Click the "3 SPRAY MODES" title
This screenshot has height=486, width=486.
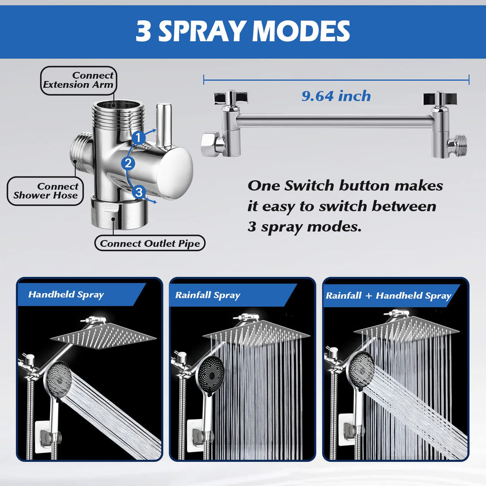[x=243, y=31]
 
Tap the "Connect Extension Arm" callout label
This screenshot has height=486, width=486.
[x=78, y=80]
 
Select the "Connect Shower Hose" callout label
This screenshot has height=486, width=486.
[x=45, y=191]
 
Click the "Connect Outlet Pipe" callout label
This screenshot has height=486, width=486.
[x=150, y=243]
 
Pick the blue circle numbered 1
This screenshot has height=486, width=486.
[x=138, y=138]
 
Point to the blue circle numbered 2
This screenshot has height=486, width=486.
[x=128, y=163]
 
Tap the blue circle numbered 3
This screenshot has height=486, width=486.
[x=139, y=192]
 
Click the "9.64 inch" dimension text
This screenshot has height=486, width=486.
[x=336, y=96]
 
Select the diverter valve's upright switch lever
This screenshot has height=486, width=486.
[x=163, y=125]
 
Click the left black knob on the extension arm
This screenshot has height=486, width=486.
[x=231, y=98]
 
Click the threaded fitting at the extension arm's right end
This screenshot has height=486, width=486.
[x=457, y=145]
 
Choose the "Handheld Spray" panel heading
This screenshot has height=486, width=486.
[x=66, y=295]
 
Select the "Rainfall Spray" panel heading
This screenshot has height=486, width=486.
[x=208, y=295]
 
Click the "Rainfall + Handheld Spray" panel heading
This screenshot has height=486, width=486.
[x=388, y=295]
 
